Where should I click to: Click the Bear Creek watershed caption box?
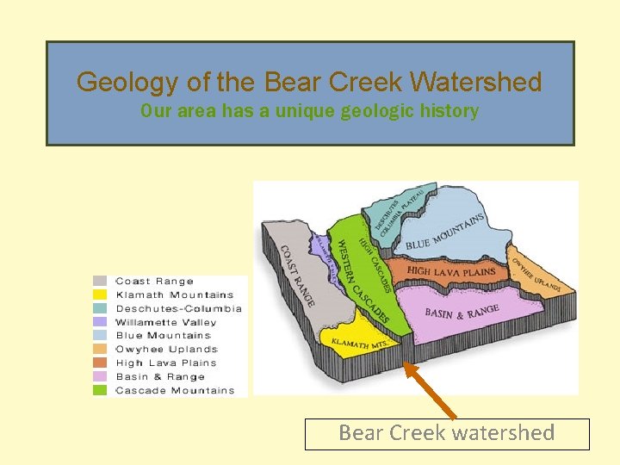pyautogui.click(x=447, y=433)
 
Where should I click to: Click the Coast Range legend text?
pyautogui.click(x=154, y=281)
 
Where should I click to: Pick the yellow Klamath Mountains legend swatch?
pyautogui.click(x=101, y=294)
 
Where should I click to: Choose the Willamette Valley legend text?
pyautogui.click(x=166, y=322)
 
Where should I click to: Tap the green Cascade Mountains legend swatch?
pyautogui.click(x=101, y=390)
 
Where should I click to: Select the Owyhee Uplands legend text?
pyautogui.click(x=166, y=350)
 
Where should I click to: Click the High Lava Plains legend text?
pyautogui.click(x=166, y=363)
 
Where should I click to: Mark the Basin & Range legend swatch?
pyautogui.click(x=101, y=376)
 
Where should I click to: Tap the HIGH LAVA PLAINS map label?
pyautogui.click(x=450, y=271)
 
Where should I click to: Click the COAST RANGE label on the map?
pyautogui.click(x=298, y=275)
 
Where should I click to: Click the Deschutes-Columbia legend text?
pyautogui.click(x=178, y=308)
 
